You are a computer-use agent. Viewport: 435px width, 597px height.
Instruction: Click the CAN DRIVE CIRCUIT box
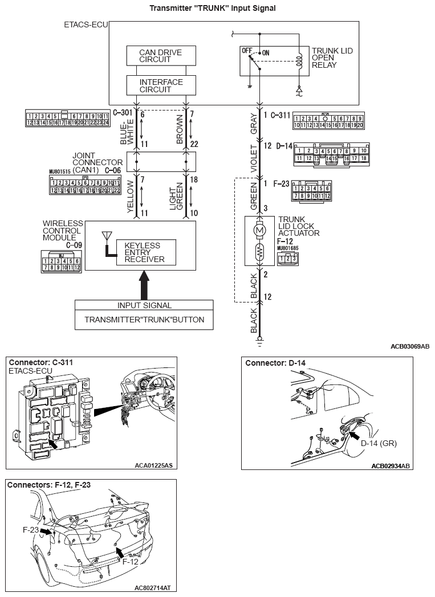coord(161,55)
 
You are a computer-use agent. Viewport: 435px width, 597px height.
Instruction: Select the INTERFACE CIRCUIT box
coord(161,85)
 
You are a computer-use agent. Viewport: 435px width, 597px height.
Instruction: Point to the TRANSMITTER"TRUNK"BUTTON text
coord(144,320)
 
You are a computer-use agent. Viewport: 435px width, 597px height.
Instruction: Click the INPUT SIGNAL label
coord(144,305)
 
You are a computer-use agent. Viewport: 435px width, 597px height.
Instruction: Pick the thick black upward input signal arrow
coord(144,285)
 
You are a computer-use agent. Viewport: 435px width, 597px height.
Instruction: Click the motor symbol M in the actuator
coord(259,230)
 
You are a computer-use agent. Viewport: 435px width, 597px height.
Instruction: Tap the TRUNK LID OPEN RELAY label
coord(332,58)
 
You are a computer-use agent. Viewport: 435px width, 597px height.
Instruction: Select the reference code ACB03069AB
coord(409,346)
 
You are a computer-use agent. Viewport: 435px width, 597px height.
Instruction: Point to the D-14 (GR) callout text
coord(379,441)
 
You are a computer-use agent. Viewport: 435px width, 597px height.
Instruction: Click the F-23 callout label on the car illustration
coord(30,529)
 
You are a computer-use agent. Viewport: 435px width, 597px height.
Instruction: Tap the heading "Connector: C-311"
coord(40,362)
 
